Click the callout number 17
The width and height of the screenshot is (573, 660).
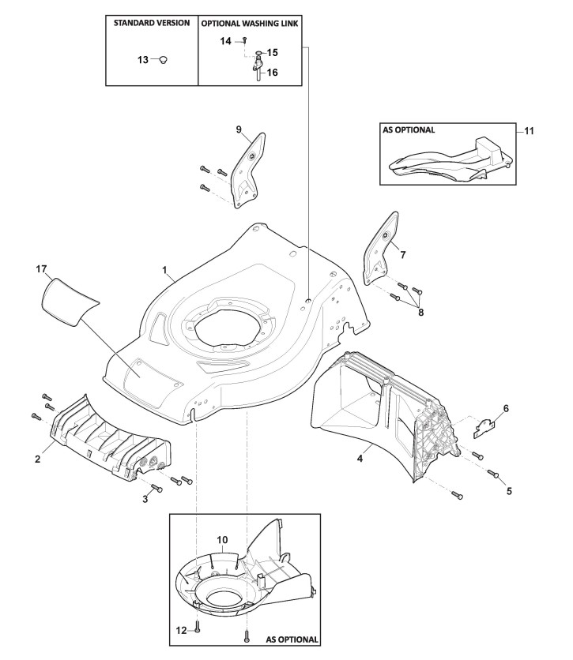(42, 269)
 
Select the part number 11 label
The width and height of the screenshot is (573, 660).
(529, 131)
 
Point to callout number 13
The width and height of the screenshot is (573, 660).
(142, 59)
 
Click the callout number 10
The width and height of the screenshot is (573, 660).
(223, 539)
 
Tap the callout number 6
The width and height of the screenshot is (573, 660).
(506, 408)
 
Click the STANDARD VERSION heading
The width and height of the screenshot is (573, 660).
(151, 23)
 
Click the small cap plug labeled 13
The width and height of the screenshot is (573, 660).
(164, 59)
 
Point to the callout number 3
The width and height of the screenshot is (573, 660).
(145, 499)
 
